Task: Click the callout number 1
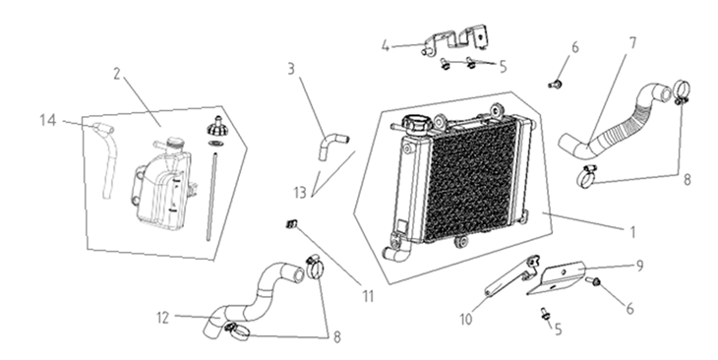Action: pyautogui.click(x=632, y=232)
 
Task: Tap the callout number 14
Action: pyautogui.click(x=48, y=120)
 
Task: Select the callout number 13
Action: pyautogui.click(x=300, y=193)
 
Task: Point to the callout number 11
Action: pyautogui.click(x=369, y=297)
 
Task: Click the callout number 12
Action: pyautogui.click(x=163, y=318)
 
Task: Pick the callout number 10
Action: pyautogui.click(x=466, y=320)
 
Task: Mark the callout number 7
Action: pyautogui.click(x=632, y=43)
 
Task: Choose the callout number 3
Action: pyautogui.click(x=291, y=69)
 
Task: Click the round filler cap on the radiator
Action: pyautogui.click(x=416, y=125)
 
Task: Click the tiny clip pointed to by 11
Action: pyautogui.click(x=292, y=224)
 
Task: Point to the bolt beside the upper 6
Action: pyautogui.click(x=556, y=85)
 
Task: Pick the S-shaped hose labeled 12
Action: pyautogui.click(x=257, y=298)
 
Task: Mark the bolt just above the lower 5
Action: pyautogui.click(x=545, y=314)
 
